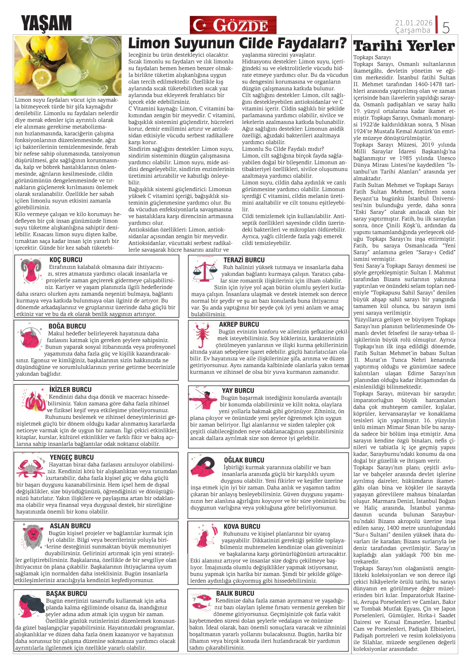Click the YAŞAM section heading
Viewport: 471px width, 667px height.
46,23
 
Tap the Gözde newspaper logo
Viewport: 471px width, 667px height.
233,25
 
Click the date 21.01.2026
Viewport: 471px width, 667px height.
413,23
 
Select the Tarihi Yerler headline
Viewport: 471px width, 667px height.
404,46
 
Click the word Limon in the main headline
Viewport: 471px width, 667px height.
148,44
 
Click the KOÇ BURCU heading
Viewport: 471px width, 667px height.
66,260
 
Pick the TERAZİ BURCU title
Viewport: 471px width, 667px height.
244,260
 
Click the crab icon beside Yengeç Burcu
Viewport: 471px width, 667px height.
31,468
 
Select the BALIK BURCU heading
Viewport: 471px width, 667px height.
235,594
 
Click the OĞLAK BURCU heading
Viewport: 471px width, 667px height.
244,460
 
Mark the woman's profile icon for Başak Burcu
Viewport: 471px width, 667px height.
30,606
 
